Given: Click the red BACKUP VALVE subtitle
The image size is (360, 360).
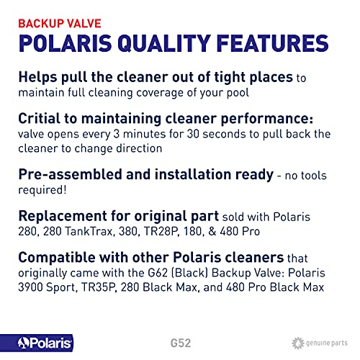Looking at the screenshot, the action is tap(60, 24).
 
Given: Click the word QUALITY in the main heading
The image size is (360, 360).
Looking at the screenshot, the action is tap(164, 43).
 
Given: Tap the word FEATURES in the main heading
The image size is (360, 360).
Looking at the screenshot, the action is tap(273, 43).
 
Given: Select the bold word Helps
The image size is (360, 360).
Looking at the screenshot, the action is tap(38, 78).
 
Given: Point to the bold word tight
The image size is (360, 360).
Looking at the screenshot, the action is tap(230, 78).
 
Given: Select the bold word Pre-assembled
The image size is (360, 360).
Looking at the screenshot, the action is tap(71, 174).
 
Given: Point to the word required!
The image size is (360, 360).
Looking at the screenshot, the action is tap(42, 190).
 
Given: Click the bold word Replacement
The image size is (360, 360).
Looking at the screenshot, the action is tap(63, 217).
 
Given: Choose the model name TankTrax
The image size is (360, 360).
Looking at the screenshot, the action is tap(89, 232).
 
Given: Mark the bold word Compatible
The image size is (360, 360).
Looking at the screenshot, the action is tap(57, 258).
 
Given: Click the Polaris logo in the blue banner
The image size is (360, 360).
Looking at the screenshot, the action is tap(45, 343).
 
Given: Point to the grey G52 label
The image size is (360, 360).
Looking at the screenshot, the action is tap(181, 343).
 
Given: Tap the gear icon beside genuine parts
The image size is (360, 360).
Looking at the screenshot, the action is tap(298, 343).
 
